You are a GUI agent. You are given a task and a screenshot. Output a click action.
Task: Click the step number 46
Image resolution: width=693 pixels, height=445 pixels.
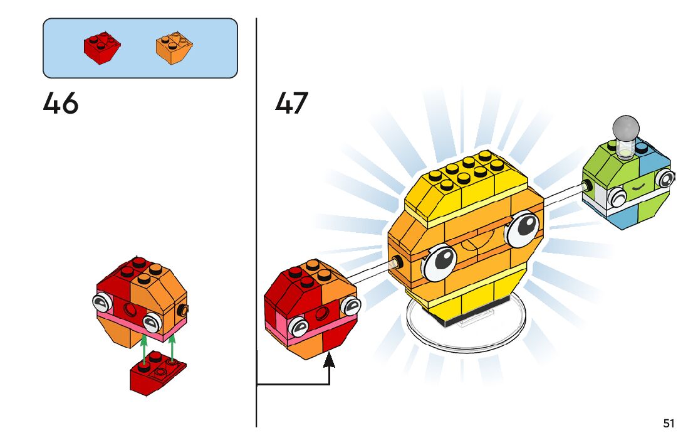pos(61,104)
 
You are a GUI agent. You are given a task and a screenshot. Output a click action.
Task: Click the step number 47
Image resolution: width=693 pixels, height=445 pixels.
pos(292,104)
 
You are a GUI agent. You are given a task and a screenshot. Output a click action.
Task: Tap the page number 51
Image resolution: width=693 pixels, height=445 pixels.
pos(669,424)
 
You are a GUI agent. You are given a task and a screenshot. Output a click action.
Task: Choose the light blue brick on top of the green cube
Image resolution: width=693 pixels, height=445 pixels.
pos(655,157)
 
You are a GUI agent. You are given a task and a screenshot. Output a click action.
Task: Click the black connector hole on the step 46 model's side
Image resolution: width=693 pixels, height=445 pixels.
pos(183,309)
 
